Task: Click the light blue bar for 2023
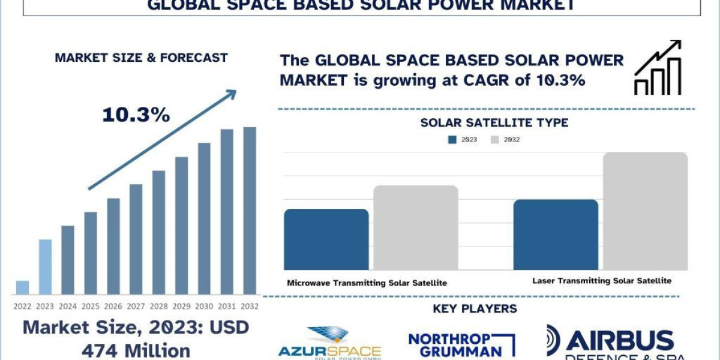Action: click(x=45, y=267)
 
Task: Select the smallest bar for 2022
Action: click(x=22, y=287)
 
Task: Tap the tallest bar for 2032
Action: click(x=250, y=211)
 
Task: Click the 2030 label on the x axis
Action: click(x=204, y=306)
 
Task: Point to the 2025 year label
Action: click(x=91, y=306)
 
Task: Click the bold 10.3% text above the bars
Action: click(x=136, y=115)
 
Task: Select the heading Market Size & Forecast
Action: click(x=141, y=58)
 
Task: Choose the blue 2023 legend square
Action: click(x=452, y=140)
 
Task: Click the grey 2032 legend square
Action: click(x=494, y=140)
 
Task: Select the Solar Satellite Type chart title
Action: click(x=494, y=123)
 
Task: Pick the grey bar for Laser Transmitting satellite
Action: click(x=645, y=211)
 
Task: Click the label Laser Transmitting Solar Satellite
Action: click(x=602, y=281)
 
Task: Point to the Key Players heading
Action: click(x=475, y=309)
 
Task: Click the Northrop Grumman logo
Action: click(x=461, y=345)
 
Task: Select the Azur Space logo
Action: click(x=329, y=343)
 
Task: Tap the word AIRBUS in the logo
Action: click(x=620, y=340)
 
